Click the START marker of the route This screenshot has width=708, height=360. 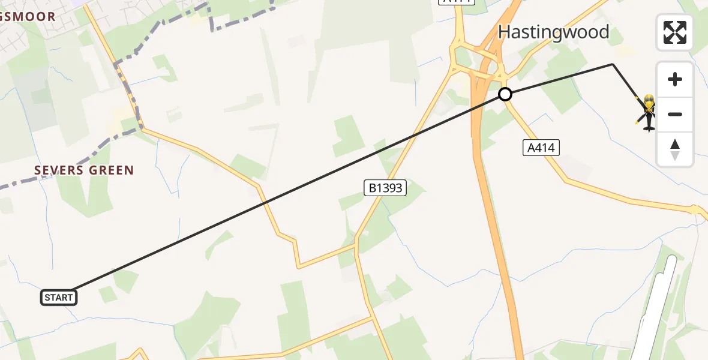point(59,297)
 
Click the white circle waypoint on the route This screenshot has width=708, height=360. point(505,94)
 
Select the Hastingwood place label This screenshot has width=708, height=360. point(553,32)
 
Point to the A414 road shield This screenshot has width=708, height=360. point(542,148)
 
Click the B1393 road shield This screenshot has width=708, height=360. point(385,188)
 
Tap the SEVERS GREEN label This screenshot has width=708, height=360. point(84,170)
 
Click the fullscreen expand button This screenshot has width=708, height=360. point(674,32)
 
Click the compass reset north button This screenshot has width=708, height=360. point(674,149)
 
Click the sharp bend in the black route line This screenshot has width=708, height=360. point(613,64)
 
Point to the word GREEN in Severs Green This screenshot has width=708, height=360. point(111,170)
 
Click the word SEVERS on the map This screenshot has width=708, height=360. point(58,170)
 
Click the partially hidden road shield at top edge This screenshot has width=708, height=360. point(457,2)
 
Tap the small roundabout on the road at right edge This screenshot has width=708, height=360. point(695,210)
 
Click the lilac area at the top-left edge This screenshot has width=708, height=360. point(78,2)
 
